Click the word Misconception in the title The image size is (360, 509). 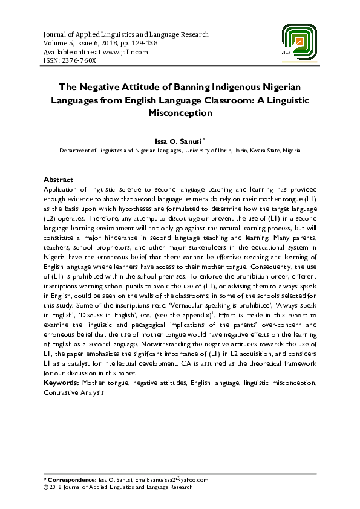[180, 113]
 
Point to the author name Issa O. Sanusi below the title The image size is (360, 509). [178, 141]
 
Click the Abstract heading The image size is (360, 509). [58, 180]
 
